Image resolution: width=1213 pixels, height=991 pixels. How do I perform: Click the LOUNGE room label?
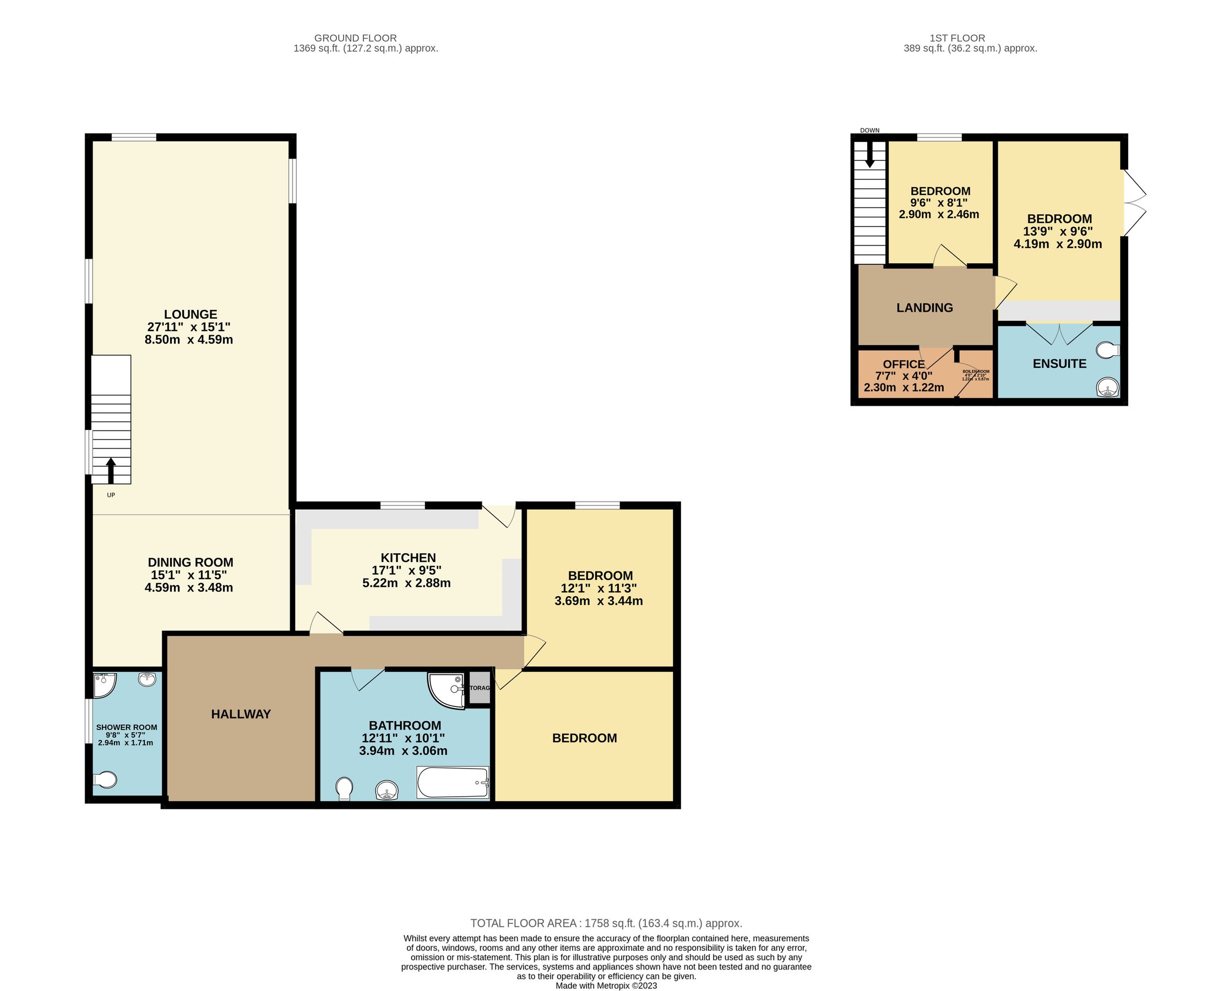[190, 314]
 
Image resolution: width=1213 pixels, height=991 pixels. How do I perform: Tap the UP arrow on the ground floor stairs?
[111, 470]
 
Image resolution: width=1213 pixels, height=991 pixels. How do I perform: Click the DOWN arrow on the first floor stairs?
[870, 154]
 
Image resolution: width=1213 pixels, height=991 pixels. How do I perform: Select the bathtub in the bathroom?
[453, 783]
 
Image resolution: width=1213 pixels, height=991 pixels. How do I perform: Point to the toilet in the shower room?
[105, 780]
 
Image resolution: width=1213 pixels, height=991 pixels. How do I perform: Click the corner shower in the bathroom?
[447, 690]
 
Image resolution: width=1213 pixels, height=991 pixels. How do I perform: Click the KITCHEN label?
[408, 558]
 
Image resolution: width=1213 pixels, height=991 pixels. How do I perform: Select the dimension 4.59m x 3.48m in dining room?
[189, 587]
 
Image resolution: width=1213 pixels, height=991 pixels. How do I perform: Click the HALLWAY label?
[241, 714]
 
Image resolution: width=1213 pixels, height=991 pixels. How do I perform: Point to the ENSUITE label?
[1059, 363]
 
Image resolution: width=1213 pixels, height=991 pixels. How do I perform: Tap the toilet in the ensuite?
[1108, 350]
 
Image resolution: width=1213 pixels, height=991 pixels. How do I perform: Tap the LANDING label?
[924, 308]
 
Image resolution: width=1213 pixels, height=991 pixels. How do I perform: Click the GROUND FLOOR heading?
[355, 38]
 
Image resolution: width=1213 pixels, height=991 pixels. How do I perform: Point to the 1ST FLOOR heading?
[958, 38]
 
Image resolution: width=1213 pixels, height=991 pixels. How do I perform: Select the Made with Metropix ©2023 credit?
[606, 985]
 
